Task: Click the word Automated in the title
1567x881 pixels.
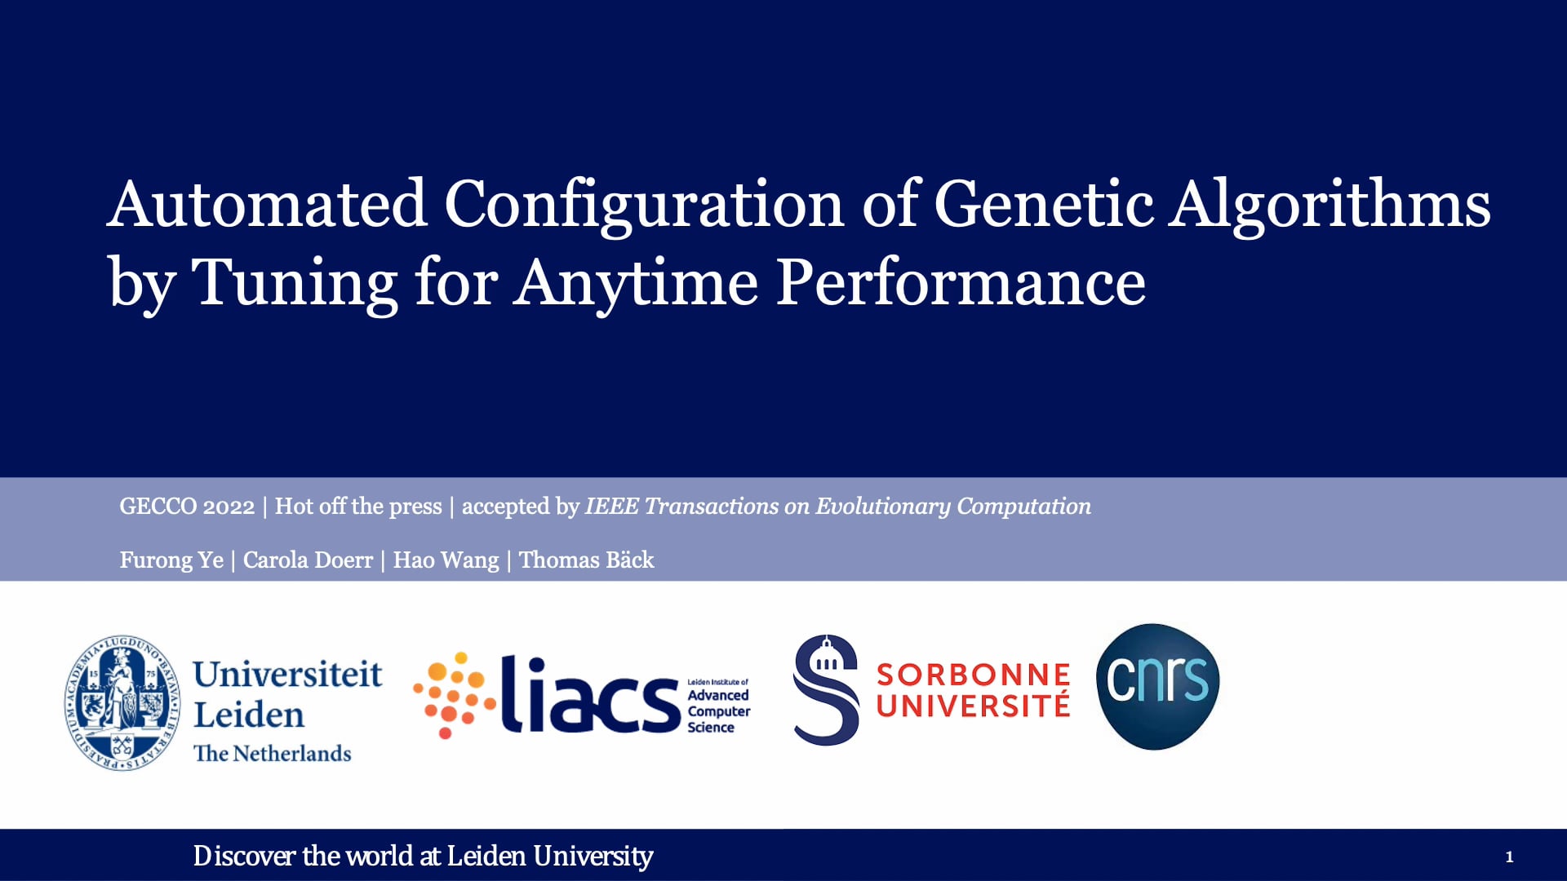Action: (267, 204)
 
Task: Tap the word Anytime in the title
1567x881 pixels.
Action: (636, 283)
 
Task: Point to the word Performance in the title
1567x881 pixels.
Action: (961, 283)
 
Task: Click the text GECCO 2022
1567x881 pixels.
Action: (187, 507)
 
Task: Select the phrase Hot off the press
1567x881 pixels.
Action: (358, 507)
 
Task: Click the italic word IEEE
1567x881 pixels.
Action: (611, 507)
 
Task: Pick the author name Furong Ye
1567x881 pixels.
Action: (171, 560)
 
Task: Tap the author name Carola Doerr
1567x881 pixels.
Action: (308, 560)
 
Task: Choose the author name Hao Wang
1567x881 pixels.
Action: (446, 560)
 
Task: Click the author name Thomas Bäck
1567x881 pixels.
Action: (587, 560)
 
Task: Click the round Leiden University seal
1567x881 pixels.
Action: (123, 703)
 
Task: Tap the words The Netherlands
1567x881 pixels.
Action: (273, 753)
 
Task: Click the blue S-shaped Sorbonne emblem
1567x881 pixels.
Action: (826, 690)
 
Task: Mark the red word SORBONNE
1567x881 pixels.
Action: (973, 675)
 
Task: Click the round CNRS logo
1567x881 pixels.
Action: (1157, 687)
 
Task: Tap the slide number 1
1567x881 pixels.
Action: (1509, 857)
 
